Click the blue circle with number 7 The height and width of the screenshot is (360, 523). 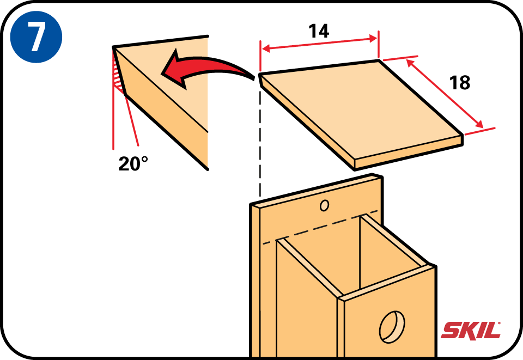(36, 37)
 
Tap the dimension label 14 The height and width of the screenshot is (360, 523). (319, 31)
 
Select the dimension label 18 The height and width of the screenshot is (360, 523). (460, 83)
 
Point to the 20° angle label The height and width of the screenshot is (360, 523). (133, 164)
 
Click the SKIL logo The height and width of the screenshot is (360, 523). (471, 331)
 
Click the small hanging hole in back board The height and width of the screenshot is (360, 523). (324, 205)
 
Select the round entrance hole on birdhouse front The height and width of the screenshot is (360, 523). (392, 327)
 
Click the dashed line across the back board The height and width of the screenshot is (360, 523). (320, 227)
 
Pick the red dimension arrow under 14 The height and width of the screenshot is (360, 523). (320, 44)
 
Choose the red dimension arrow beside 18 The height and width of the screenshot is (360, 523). (445, 93)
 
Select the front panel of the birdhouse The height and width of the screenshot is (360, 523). (390, 316)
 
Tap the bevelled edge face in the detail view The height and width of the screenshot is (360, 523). (166, 115)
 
